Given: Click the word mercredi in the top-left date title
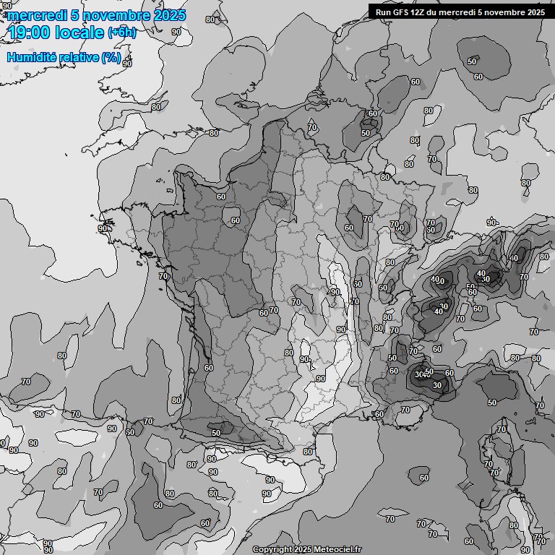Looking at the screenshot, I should pos(34,15).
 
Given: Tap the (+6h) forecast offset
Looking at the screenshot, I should pos(121,33).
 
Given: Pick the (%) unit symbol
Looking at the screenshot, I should pos(111,57).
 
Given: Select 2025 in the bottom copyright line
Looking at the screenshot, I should pos(302,550).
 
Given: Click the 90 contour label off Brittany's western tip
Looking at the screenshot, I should pos(103,228).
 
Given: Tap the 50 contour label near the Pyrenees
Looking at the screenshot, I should pos(215,432).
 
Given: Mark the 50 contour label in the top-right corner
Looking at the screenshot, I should pos(472,61).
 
